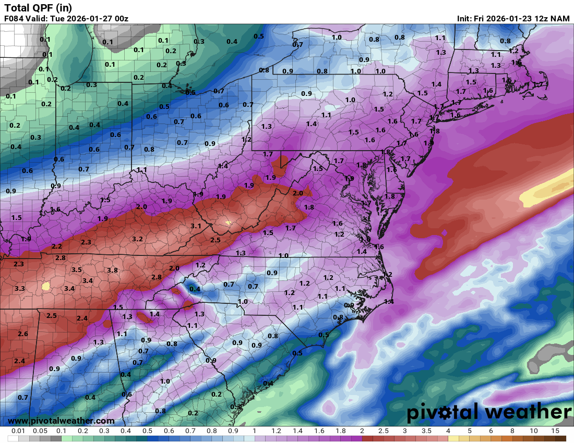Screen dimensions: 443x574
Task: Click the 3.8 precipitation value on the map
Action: pyautogui.click(x=112, y=270)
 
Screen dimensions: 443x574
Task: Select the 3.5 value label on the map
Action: pyautogui.click(x=76, y=270)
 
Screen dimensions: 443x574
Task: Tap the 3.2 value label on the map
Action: pyautogui.click(x=138, y=239)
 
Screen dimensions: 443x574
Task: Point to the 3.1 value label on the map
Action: pyautogui.click(x=196, y=226)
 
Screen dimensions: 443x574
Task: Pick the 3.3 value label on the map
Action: pyautogui.click(x=20, y=289)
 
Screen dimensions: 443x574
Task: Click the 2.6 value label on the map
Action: pyautogui.click(x=22, y=334)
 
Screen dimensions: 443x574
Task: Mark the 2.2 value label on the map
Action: pyautogui.click(x=57, y=247)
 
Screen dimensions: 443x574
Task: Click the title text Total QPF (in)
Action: pyautogui.click(x=38, y=8)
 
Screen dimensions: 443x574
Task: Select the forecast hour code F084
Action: pyautogui.click(x=14, y=19)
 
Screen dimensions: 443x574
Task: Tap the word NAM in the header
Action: pyautogui.click(x=560, y=19)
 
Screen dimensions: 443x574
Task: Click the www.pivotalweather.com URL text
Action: pyautogui.click(x=61, y=421)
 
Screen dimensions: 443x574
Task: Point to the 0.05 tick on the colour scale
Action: pyautogui.click(x=40, y=432)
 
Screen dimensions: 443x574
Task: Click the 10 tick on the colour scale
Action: pyautogui.click(x=534, y=432)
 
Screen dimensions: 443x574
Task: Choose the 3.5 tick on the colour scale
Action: pyautogui.click(x=426, y=432)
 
